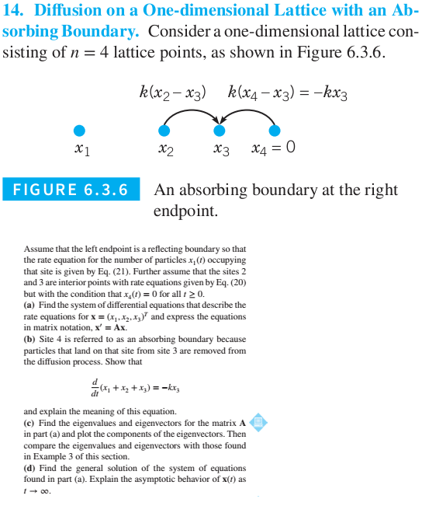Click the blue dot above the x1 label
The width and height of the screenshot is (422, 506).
pyautogui.click(x=78, y=131)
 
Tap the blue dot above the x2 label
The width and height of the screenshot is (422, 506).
pyautogui.click(x=163, y=131)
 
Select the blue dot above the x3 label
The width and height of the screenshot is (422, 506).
pyautogui.click(x=220, y=131)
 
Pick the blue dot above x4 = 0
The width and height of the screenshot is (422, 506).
pyautogui.click(x=275, y=131)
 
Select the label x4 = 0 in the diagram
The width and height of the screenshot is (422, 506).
pyautogui.click(x=273, y=147)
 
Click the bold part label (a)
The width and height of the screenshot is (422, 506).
pyautogui.click(x=31, y=305)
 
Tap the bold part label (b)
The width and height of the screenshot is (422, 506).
pyautogui.click(x=32, y=340)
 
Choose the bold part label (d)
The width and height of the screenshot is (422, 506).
pyautogui.click(x=32, y=468)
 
